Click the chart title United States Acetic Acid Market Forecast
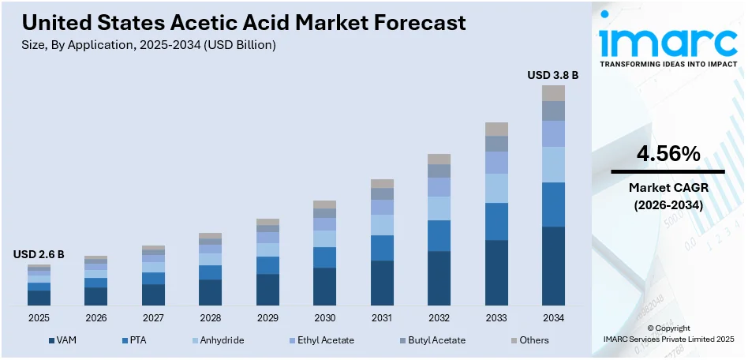(244, 23)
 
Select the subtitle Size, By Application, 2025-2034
(149, 45)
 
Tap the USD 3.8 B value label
(552, 75)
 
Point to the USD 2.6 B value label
(39, 254)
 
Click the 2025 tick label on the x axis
(39, 317)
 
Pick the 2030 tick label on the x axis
(324, 317)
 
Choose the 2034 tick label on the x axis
(552, 317)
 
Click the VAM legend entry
(66, 340)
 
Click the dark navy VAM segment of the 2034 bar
(552, 265)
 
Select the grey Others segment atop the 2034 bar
(552, 93)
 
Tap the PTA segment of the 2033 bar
(496, 221)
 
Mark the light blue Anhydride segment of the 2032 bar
(439, 208)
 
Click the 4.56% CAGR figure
(668, 156)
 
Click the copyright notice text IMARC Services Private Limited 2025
(668, 339)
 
